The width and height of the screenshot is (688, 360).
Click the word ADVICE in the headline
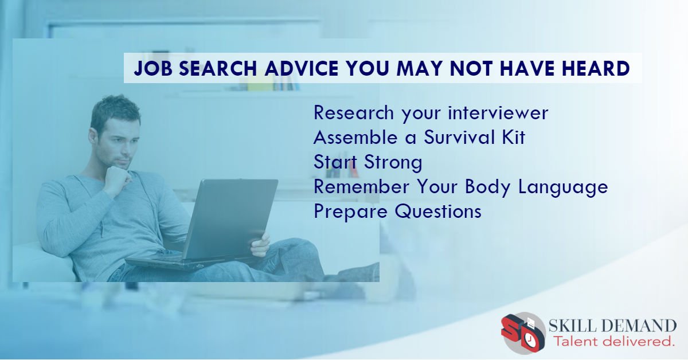291,69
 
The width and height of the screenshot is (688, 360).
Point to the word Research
354,113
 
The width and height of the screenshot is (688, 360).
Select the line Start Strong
368,162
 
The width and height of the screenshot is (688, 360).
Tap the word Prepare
350,212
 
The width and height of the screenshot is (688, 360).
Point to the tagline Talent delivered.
612,342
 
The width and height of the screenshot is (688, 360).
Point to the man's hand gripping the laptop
261,244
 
